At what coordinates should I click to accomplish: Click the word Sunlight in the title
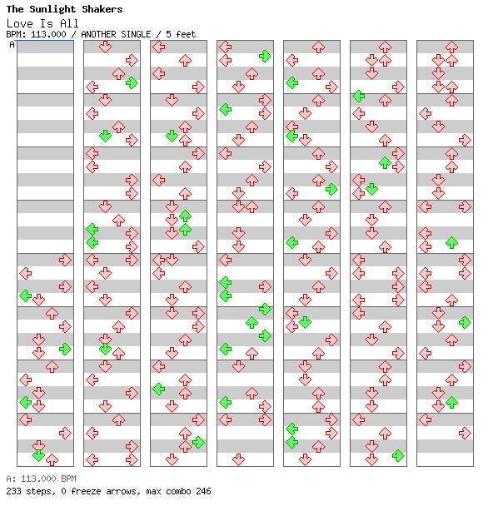click(52, 9)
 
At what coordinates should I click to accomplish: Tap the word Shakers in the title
click(102, 9)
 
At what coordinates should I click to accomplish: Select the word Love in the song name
click(20, 23)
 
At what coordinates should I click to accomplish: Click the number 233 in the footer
click(13, 491)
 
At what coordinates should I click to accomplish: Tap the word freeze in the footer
click(86, 491)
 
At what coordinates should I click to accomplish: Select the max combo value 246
click(203, 491)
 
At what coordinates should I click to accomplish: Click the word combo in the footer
click(178, 491)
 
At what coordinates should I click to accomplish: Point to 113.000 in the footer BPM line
click(38, 479)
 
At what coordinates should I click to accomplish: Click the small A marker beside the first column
click(12, 44)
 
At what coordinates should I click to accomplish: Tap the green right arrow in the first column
click(65, 349)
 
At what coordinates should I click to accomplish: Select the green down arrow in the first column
click(39, 455)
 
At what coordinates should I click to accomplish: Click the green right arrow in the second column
click(132, 82)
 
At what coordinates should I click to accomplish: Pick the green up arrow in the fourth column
click(252, 323)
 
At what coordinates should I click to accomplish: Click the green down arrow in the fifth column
click(306, 323)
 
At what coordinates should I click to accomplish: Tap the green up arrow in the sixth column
click(385, 162)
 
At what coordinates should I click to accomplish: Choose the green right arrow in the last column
click(465, 323)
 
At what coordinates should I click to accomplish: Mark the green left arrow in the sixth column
click(358, 96)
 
